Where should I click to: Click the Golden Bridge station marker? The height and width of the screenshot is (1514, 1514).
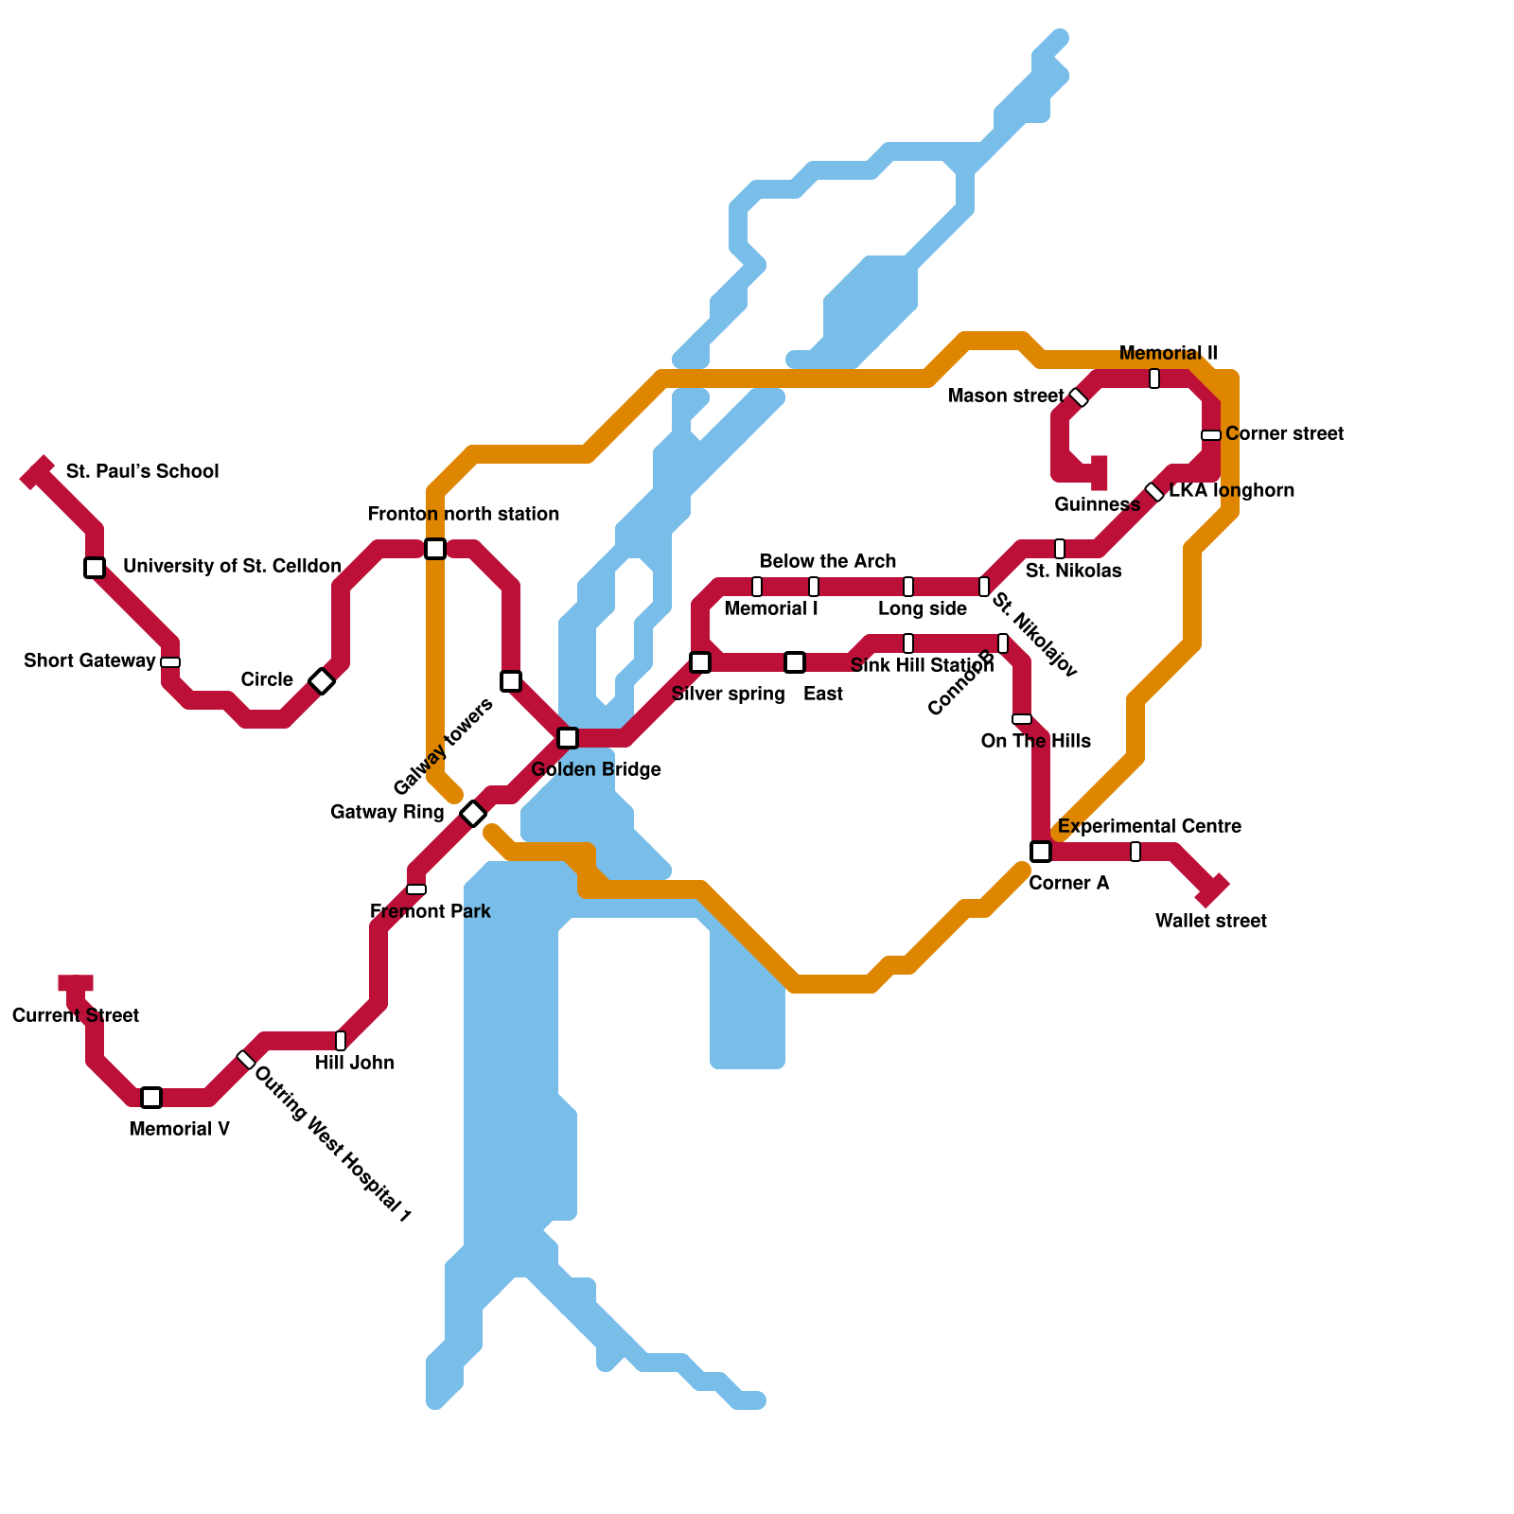tap(568, 738)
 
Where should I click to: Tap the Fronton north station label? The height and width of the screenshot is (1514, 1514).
tap(464, 515)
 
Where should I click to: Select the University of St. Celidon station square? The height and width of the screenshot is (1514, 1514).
tap(95, 568)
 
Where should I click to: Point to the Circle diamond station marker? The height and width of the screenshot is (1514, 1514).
tap(322, 681)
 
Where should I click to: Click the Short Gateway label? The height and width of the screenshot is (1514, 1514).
tap(90, 660)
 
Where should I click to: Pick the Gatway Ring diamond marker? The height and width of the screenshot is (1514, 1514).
tap(473, 814)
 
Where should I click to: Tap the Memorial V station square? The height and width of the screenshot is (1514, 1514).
tap(151, 1098)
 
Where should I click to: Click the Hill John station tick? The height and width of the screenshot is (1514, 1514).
tap(341, 1041)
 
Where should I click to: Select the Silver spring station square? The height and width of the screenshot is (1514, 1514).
tap(700, 662)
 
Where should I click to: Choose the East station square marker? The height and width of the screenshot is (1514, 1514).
tap(795, 662)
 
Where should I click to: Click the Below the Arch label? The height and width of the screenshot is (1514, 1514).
tap(828, 562)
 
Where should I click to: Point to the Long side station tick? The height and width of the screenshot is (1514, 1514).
tap(908, 587)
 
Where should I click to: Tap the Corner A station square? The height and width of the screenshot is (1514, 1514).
tap(1041, 852)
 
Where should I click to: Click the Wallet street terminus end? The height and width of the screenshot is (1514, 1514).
tap(1212, 890)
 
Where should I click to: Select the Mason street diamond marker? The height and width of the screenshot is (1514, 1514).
tap(1079, 397)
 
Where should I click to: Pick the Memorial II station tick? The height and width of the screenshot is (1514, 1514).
tap(1154, 378)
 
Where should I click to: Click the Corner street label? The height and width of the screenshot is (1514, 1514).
tap(1284, 434)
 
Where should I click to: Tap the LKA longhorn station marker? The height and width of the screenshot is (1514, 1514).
tap(1154, 492)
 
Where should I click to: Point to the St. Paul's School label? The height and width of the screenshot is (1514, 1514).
tap(142, 471)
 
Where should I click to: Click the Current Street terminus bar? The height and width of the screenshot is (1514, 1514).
tap(76, 983)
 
